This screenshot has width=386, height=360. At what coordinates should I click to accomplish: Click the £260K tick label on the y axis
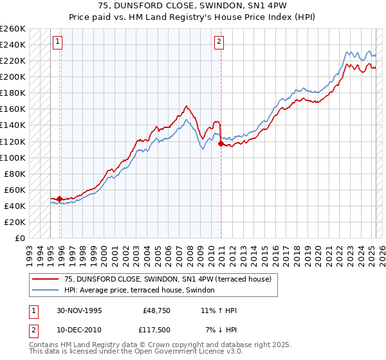tap(13, 28)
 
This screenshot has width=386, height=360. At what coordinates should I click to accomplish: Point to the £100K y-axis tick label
tap(13, 157)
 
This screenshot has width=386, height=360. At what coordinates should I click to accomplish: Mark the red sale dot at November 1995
tap(60, 199)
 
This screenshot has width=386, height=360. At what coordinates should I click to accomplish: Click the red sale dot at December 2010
tap(221, 143)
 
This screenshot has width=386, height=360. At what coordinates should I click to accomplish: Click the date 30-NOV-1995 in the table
tap(79, 310)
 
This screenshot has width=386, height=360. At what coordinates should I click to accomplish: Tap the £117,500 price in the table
tap(157, 330)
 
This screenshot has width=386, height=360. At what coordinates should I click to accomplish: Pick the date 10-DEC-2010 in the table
tap(79, 330)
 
